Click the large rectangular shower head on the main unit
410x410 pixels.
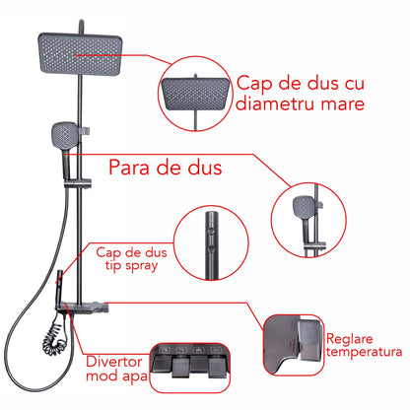tap(80, 53)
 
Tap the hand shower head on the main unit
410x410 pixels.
tap(65, 136)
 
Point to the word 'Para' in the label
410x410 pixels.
tap(129, 167)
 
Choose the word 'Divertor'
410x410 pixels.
tap(114, 362)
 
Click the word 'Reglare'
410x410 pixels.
tap(350, 339)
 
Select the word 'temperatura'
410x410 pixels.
tap(364, 352)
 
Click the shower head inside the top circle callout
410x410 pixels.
tap(194, 94)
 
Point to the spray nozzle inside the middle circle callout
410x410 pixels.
tap(210, 242)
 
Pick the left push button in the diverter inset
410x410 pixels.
tap(180, 366)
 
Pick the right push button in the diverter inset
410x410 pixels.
tap(217, 366)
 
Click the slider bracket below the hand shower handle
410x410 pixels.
tap(78, 183)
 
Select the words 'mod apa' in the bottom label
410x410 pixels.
tap(116, 376)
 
